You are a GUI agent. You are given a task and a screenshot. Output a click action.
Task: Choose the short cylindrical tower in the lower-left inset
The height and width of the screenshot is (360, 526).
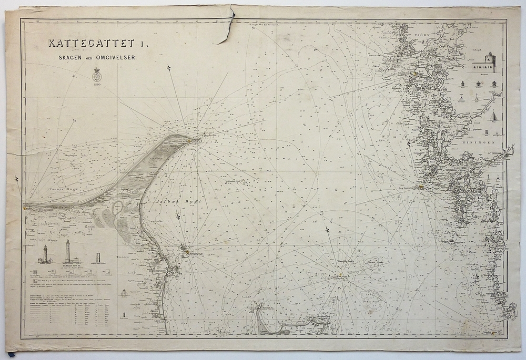98,258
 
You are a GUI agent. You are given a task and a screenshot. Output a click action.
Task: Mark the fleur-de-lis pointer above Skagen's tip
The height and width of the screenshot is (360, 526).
169,69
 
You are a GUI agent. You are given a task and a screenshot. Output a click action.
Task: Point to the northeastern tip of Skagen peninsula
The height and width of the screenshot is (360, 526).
201,138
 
